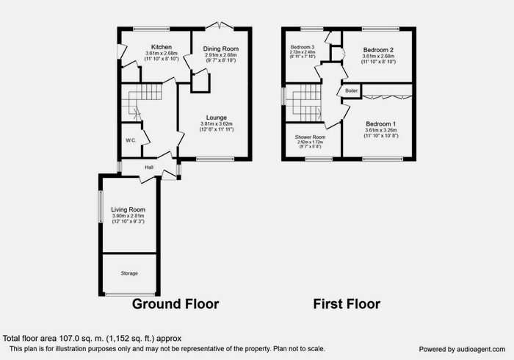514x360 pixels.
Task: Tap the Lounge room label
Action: coord(215,118)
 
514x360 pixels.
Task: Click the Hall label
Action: coord(149,168)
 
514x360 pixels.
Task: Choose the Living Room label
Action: coord(128,209)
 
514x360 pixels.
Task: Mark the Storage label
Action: coord(128,273)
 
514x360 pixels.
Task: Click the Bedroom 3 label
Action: coord(303,47)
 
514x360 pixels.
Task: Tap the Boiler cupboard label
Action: coord(351,90)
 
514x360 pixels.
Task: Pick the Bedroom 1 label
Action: coord(380,123)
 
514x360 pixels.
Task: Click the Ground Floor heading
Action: coord(175,303)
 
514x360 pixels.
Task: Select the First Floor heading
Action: coord(347,303)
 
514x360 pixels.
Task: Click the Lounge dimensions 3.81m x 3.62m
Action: coord(215,124)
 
